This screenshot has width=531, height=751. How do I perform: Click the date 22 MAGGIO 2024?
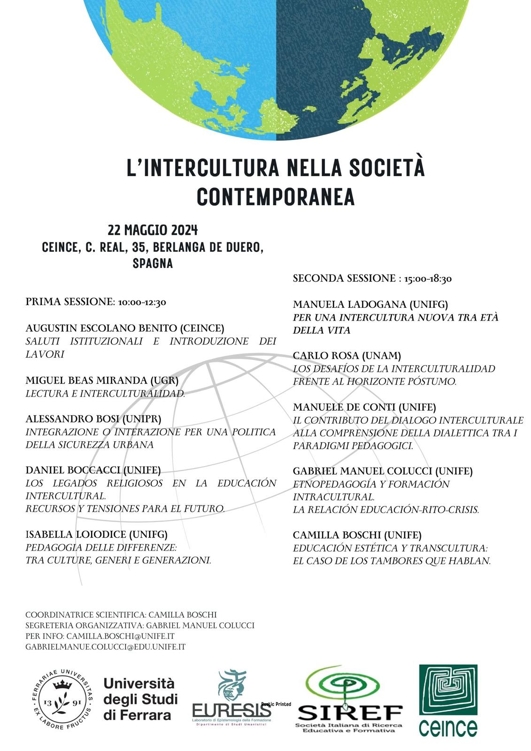[x=153, y=230]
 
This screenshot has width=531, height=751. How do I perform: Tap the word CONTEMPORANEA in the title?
[x=276, y=197]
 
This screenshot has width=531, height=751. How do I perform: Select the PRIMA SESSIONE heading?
[x=69, y=302]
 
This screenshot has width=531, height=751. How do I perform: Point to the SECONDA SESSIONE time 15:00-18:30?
[x=427, y=279]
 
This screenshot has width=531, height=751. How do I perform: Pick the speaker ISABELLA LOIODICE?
[x=76, y=534]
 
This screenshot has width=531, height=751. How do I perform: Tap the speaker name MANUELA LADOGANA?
[x=350, y=305]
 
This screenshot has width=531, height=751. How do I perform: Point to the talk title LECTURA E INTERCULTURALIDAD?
[x=105, y=393]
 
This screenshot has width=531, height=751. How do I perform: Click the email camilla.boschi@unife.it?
[x=120, y=636]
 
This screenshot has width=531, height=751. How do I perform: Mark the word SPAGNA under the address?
[x=153, y=263]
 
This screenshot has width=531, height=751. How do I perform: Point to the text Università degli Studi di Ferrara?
[x=140, y=699]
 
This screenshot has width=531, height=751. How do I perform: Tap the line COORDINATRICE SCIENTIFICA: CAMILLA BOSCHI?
[x=121, y=614]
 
